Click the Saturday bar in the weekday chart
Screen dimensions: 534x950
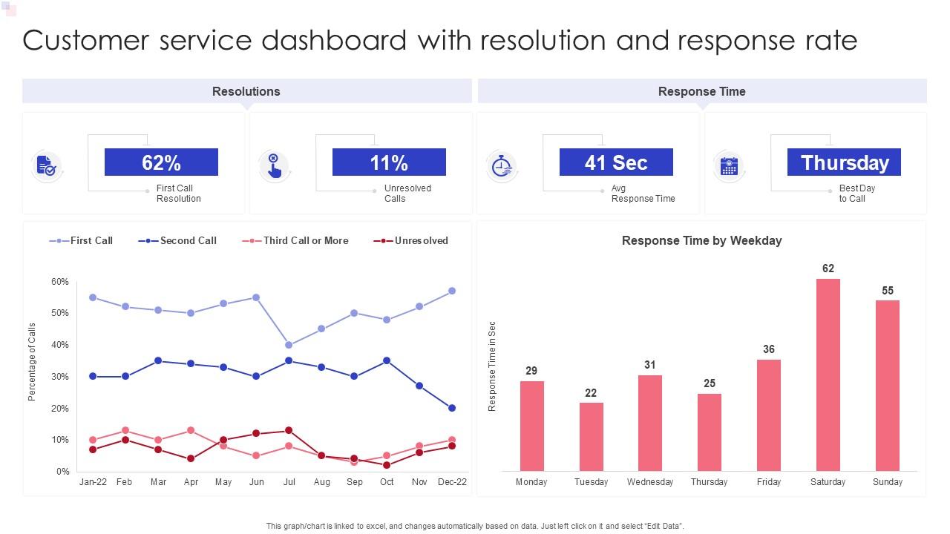coord(828,375)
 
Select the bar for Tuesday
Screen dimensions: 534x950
coord(591,437)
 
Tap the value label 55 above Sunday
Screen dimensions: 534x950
coord(888,291)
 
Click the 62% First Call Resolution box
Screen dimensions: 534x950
coord(161,162)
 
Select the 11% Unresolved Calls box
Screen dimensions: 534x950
coord(389,162)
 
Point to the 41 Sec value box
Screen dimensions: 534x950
coord(616,162)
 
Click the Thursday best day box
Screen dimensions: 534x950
coord(844,162)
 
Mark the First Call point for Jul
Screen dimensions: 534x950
coord(289,345)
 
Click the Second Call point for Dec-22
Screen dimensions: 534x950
coord(452,408)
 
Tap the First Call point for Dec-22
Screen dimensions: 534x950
coord(452,291)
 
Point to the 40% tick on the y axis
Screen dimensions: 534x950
coord(59,345)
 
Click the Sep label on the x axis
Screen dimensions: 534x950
coord(355,482)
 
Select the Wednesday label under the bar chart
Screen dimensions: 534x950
coord(650,482)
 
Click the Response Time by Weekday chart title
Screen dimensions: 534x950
coord(701,240)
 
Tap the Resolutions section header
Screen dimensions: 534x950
coord(246,91)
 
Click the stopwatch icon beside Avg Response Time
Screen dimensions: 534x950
coord(502,165)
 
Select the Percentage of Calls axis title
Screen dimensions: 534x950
coord(32,362)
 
